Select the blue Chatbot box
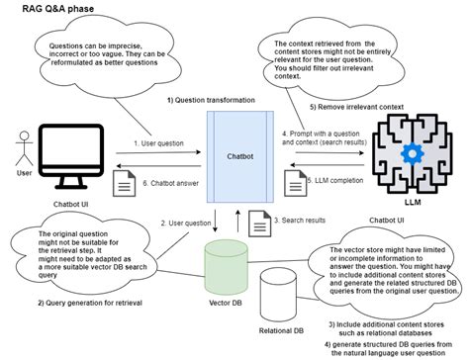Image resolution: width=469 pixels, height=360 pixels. click(x=237, y=155)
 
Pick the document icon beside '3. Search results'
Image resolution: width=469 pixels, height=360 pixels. click(x=254, y=221)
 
